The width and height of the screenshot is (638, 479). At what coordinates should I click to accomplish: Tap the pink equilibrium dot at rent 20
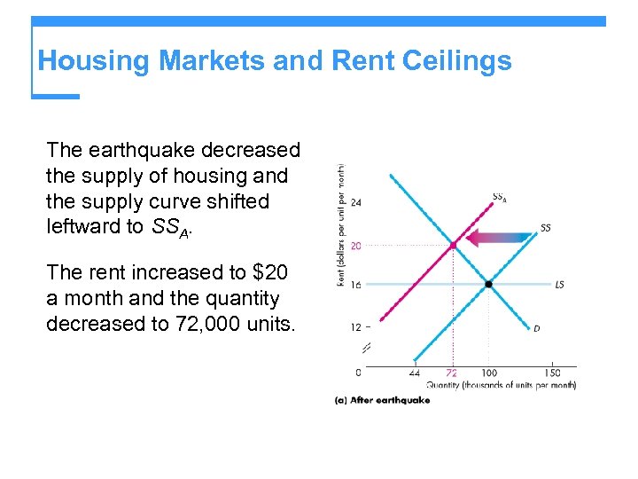(x=453, y=245)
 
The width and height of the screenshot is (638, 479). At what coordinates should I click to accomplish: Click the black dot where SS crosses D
(x=488, y=285)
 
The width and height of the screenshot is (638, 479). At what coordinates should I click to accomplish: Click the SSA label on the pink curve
(x=499, y=198)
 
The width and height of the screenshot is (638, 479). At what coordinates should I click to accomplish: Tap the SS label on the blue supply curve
(x=546, y=228)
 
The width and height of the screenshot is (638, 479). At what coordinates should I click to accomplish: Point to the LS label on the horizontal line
(x=559, y=285)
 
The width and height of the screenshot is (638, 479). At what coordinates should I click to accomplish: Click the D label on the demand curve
(x=537, y=328)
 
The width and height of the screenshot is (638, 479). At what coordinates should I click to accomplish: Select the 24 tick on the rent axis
(x=356, y=202)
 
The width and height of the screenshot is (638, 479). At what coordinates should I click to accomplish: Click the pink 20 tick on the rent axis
(x=356, y=246)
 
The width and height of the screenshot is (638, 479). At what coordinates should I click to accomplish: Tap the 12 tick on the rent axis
(x=356, y=327)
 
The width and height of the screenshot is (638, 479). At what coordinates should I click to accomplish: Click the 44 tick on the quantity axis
(x=415, y=373)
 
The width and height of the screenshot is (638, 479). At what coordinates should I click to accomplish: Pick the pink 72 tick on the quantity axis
(x=452, y=373)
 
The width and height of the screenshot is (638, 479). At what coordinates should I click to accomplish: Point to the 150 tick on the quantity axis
(x=553, y=373)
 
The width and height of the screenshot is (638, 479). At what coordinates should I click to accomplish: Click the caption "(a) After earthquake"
(x=382, y=401)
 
